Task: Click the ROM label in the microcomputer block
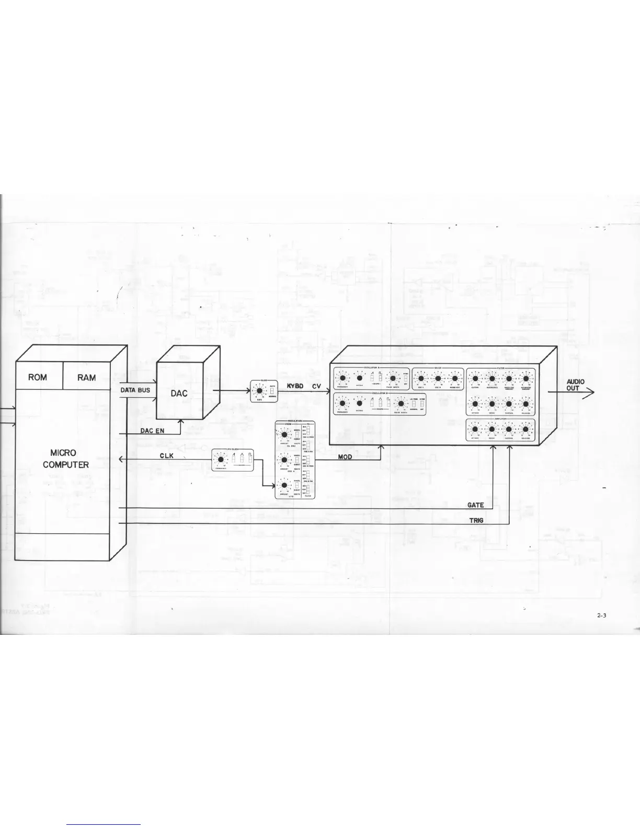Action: [38, 377]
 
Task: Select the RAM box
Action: [86, 377]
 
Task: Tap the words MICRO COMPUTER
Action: [66, 458]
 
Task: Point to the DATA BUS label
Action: [135, 390]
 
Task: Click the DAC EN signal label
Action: [153, 430]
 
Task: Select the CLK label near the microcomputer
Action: [166, 456]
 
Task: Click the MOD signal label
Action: [345, 457]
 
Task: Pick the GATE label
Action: [475, 505]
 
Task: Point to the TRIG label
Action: [476, 520]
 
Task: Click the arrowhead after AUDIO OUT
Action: [591, 391]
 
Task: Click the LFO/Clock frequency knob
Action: [221, 460]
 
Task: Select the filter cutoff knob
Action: [475, 378]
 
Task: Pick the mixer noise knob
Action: [454, 378]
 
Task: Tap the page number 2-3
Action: [601, 615]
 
